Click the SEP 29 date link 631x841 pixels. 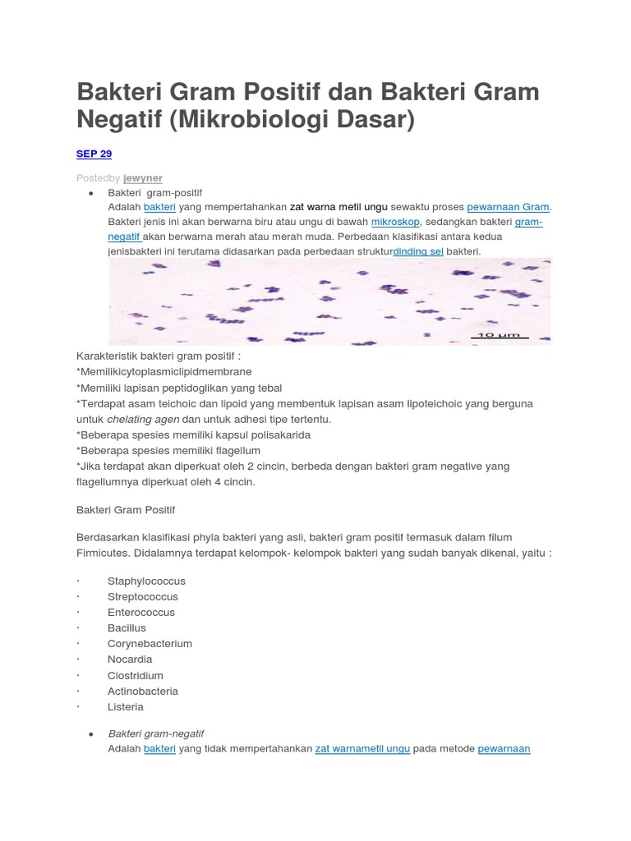pos(94,154)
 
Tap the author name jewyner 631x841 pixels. pos(143,177)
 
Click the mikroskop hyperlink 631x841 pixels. pos(395,222)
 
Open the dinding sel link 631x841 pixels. pos(418,251)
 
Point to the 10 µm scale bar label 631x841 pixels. pos(499,336)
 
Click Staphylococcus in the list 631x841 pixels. pos(146,581)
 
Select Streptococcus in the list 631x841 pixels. pos(142,596)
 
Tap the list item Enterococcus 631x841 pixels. pos(140,612)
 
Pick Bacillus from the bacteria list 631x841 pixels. pos(127,627)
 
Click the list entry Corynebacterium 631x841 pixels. pos(150,643)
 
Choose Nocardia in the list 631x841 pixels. pos(130,659)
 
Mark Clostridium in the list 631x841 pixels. pos(135,675)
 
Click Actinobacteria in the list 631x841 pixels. pos(143,691)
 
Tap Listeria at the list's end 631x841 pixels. pos(125,706)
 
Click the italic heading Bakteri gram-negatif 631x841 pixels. pos(156,733)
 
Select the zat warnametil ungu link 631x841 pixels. pos(362,748)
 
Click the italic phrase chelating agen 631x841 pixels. pos(143,419)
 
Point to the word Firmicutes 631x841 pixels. pos(104,553)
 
